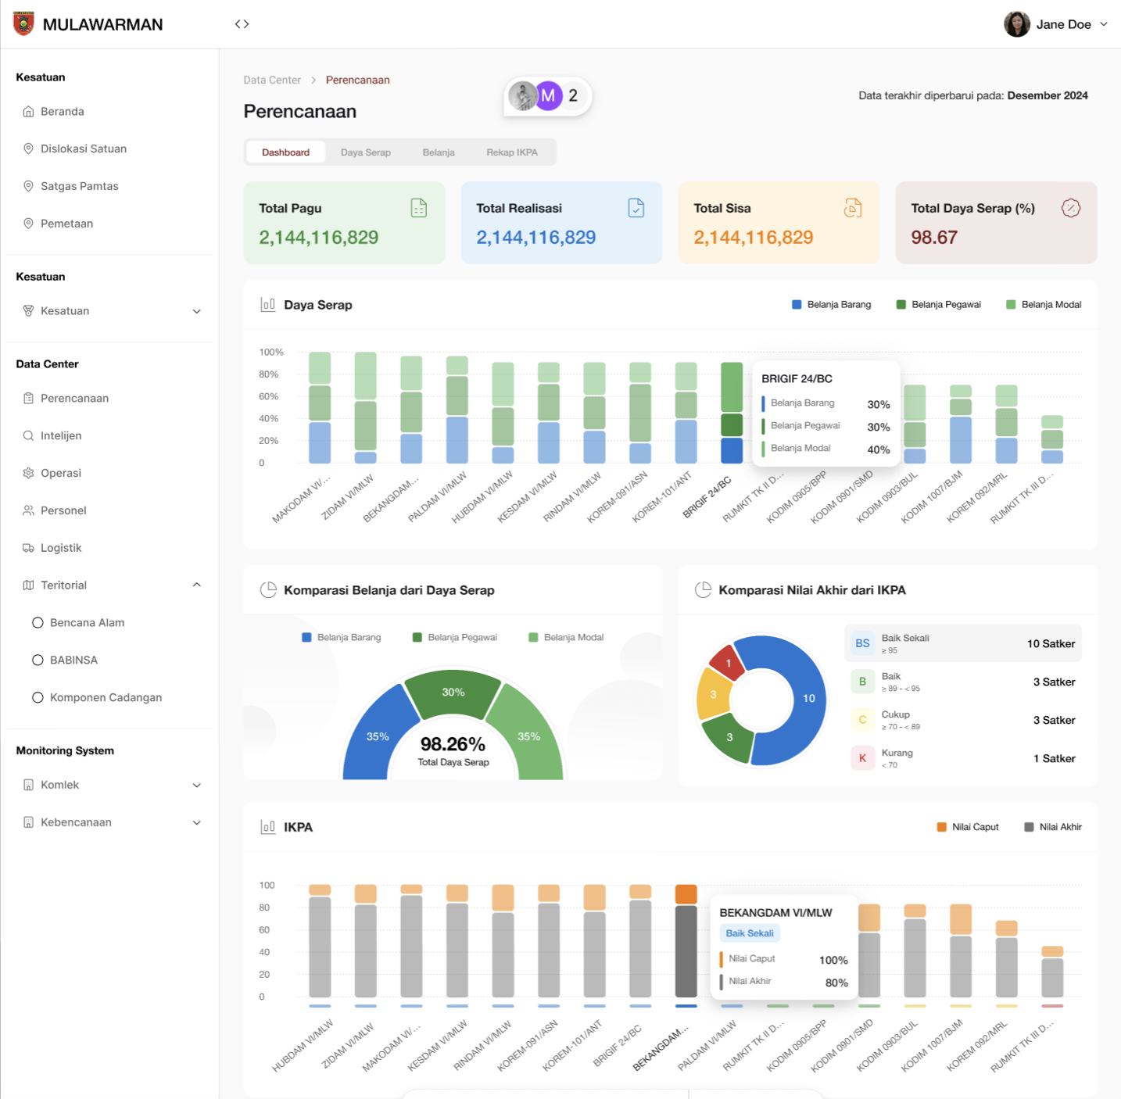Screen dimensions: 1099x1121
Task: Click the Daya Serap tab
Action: [365, 152]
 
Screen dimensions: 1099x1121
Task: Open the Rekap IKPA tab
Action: [511, 152]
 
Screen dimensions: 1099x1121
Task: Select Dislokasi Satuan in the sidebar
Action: [83, 149]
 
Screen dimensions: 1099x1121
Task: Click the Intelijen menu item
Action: [61, 435]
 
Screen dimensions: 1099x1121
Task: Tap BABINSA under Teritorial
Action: [73, 660]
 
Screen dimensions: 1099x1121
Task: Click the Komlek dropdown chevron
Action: [197, 786]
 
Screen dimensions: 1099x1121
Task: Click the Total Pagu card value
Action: [318, 238]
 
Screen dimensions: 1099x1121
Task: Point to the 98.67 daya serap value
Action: [934, 238]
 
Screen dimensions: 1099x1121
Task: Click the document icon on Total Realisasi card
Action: [636, 208]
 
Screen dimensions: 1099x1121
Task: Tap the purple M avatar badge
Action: [548, 96]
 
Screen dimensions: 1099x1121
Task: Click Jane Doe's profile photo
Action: [1016, 24]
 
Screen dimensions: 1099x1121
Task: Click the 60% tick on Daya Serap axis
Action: [269, 396]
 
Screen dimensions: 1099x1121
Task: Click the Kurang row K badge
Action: [862, 758]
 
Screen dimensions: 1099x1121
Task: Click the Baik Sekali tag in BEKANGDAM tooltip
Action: [749, 933]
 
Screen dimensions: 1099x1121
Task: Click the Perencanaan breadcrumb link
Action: [357, 80]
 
